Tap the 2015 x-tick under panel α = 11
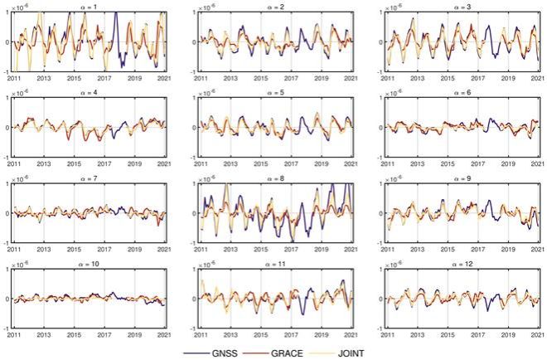tap(260, 334)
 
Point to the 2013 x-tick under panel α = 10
tap(44, 334)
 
